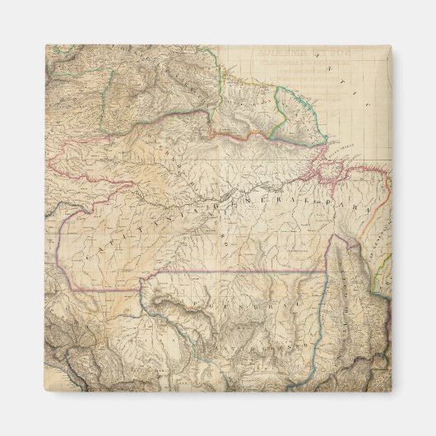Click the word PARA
[x=322, y=198]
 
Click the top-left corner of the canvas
[x=46, y=45]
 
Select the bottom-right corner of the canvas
[x=392, y=391]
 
